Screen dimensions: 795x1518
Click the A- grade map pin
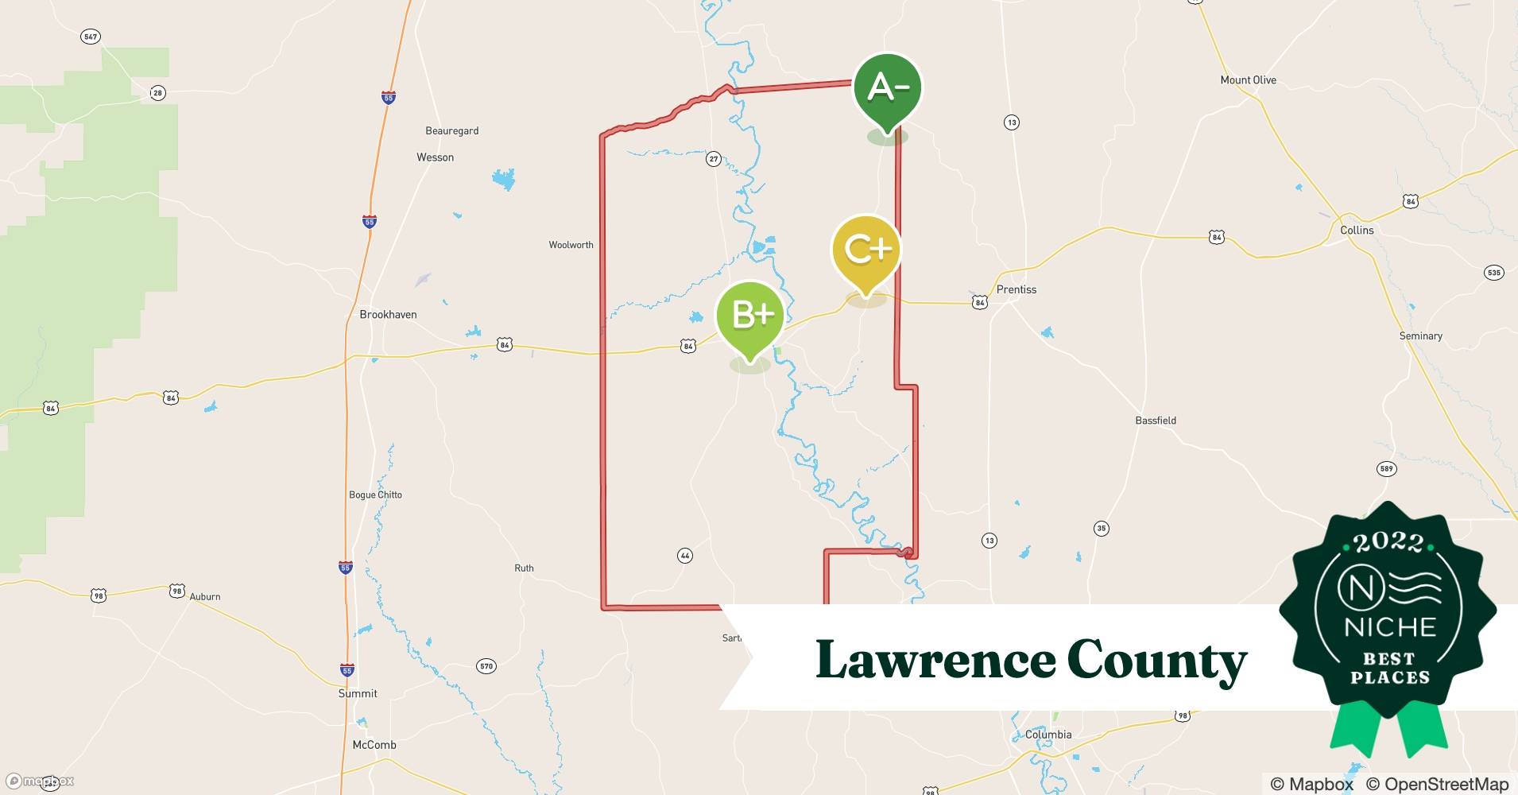pyautogui.click(x=887, y=87)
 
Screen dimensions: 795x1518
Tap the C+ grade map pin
pyautogui.click(x=865, y=250)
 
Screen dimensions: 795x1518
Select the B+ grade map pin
pyautogui.click(x=750, y=316)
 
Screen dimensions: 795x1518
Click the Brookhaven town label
pyautogui.click(x=388, y=315)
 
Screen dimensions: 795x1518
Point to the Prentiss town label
pyautogui.click(x=1017, y=290)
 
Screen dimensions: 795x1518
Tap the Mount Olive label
pyautogui.click(x=1248, y=80)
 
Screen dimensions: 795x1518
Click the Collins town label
pyautogui.click(x=1357, y=231)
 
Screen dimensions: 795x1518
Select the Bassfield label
pyautogui.click(x=1156, y=421)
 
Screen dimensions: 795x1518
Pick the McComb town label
pyautogui.click(x=374, y=745)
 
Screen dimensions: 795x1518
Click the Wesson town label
pyautogui.click(x=436, y=157)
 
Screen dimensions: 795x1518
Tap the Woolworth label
pyautogui.click(x=571, y=245)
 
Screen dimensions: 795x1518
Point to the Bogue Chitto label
pyautogui.click(x=375, y=494)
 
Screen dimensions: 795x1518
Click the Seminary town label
pyautogui.click(x=1420, y=336)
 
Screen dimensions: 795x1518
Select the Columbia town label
pyautogui.click(x=1048, y=735)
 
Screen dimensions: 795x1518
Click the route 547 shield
pyautogui.click(x=91, y=37)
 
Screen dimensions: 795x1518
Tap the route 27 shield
pyautogui.click(x=714, y=159)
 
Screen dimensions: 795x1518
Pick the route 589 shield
pyautogui.click(x=1386, y=469)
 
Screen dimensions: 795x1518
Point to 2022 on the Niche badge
pyautogui.click(x=1388, y=543)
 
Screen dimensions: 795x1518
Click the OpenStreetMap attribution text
pyautogui.click(x=1437, y=784)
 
